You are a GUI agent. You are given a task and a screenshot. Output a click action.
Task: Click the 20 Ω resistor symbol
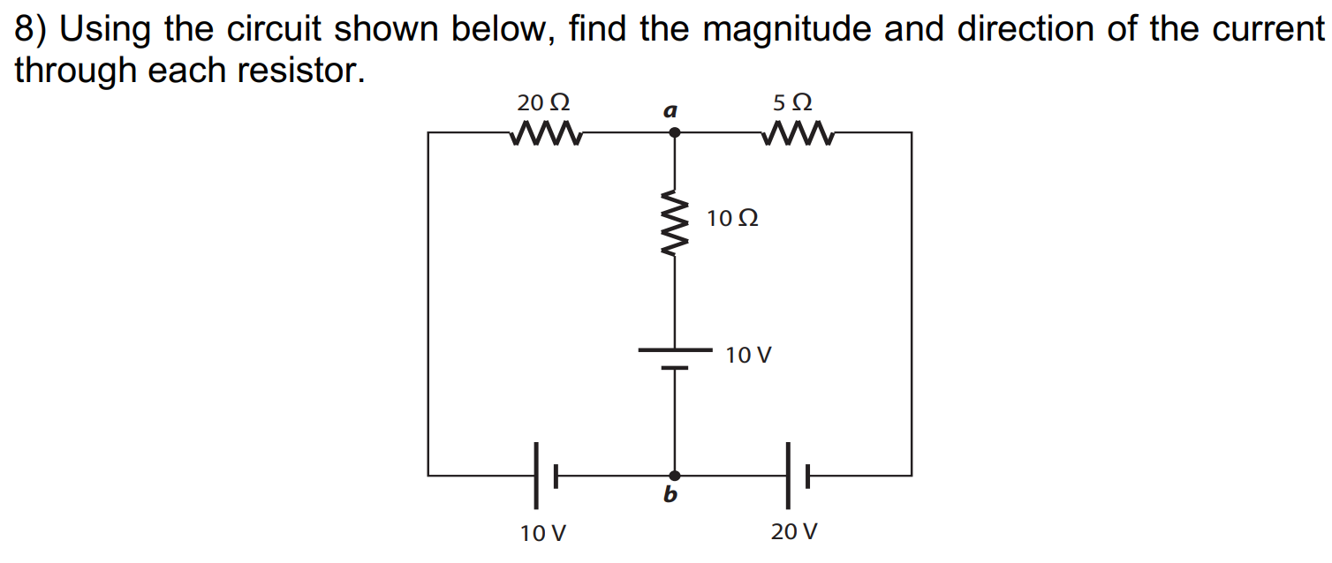(544, 134)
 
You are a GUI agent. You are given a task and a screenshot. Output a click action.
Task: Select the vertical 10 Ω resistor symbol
(675, 222)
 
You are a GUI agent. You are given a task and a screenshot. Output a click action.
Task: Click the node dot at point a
(675, 132)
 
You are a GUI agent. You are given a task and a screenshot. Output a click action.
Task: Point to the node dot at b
(675, 476)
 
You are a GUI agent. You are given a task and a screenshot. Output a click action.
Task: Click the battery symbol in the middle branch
(675, 358)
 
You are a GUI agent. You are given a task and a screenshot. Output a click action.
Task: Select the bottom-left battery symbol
(544, 476)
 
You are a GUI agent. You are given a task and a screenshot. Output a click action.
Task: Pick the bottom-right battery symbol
(795, 476)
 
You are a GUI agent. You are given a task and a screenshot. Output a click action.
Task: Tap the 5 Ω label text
(792, 102)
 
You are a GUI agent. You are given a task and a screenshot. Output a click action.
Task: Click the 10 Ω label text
(732, 218)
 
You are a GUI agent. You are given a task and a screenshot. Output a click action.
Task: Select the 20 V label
(794, 532)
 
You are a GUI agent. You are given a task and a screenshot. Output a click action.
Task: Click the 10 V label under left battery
(543, 533)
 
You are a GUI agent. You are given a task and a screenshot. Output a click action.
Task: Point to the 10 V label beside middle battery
(748, 356)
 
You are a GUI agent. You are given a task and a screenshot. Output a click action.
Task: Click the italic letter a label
(670, 111)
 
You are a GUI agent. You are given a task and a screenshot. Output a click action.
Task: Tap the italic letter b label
(670, 496)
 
